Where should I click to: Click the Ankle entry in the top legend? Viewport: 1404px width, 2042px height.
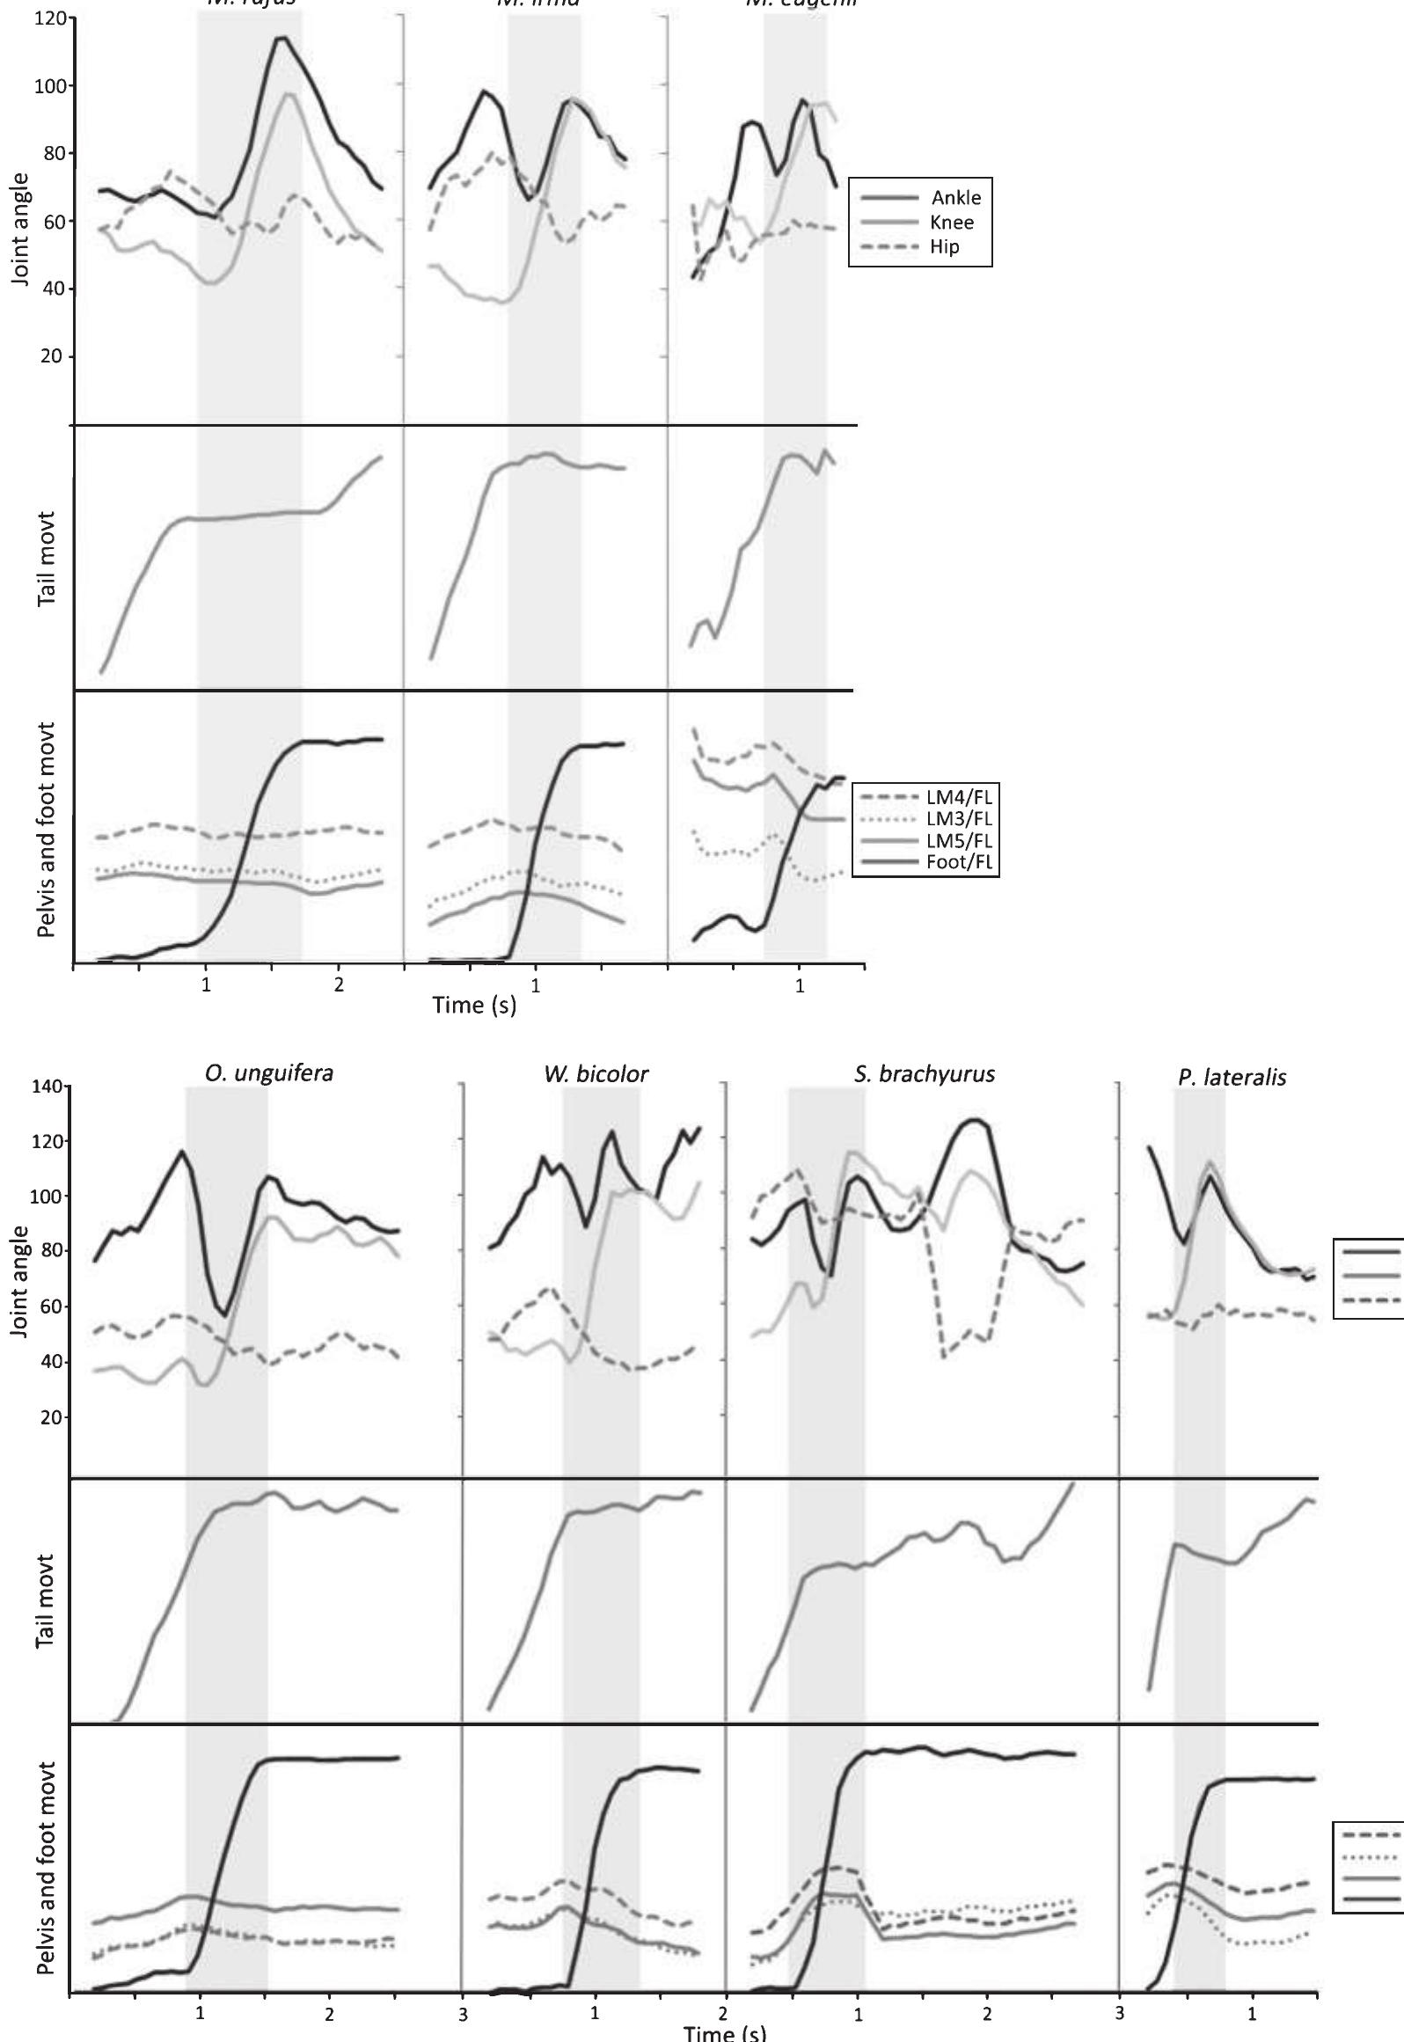coord(955,197)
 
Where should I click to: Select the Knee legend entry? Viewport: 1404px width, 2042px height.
coord(951,222)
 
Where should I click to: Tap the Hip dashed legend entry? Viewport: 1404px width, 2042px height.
coord(945,246)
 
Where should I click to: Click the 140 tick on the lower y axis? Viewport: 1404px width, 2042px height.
coord(49,1087)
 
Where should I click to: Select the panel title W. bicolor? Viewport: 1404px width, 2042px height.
coord(596,1074)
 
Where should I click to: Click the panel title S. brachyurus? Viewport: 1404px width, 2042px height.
coord(924,1074)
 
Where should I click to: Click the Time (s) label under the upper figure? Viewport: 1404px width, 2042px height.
coord(474,1004)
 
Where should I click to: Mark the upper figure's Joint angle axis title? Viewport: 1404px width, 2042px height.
coord(21,228)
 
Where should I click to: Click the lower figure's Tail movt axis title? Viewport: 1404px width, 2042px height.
coord(47,1600)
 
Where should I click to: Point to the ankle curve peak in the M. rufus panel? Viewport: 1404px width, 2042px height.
coord(282,38)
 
